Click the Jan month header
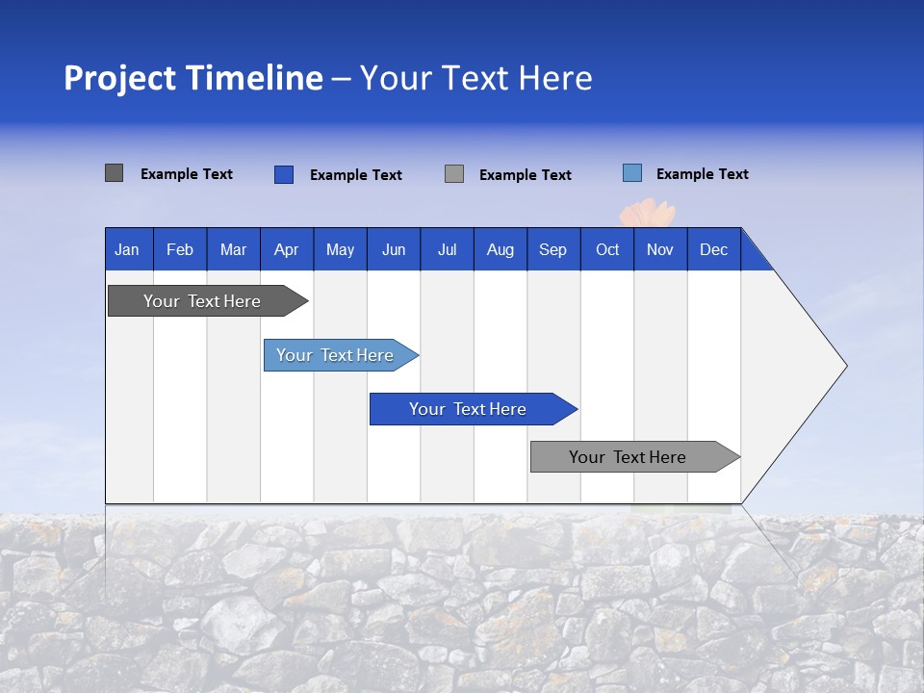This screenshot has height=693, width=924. [128, 249]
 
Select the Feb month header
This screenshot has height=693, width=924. [180, 249]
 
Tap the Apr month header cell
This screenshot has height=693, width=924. [287, 249]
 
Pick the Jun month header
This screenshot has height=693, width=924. [394, 249]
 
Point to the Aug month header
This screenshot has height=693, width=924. [500, 249]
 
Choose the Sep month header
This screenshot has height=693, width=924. [553, 249]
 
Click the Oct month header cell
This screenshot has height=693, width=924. [607, 249]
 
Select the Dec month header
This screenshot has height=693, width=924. [714, 249]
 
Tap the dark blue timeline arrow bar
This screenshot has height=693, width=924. [469, 409]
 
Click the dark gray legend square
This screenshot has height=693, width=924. [114, 173]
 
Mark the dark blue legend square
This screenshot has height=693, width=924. [283, 174]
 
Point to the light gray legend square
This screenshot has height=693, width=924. [454, 174]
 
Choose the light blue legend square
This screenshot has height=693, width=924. [631, 173]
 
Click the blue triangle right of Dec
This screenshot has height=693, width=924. [753, 257]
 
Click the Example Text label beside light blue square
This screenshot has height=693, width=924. [702, 174]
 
